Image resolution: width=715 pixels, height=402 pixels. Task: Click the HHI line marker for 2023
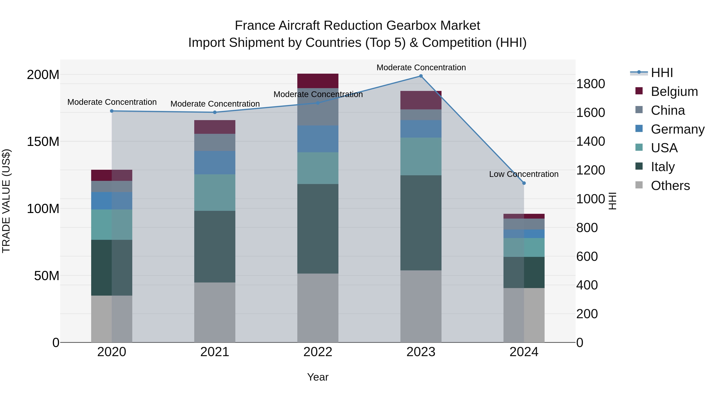421,76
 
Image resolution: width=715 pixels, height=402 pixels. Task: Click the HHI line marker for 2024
524,183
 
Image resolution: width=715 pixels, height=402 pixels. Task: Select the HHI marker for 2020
112,111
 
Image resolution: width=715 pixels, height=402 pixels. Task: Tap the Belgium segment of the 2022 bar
318,81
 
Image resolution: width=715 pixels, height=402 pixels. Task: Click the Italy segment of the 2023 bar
421,223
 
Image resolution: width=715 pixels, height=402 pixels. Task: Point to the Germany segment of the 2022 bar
318,139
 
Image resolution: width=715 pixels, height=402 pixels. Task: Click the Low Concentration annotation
524,174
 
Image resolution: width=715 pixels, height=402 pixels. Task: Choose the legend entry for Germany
677,129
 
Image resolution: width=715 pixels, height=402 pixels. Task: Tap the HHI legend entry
662,73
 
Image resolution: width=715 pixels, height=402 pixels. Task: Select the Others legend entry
670,186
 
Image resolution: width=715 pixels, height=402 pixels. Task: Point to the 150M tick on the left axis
43,142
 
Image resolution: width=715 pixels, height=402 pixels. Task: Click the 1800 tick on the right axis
590,84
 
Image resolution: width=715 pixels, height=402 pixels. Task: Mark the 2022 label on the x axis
318,352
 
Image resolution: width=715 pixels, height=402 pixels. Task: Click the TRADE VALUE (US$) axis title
6,201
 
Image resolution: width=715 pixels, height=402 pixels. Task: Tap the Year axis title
318,377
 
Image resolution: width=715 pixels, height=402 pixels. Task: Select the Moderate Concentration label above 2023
421,67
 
